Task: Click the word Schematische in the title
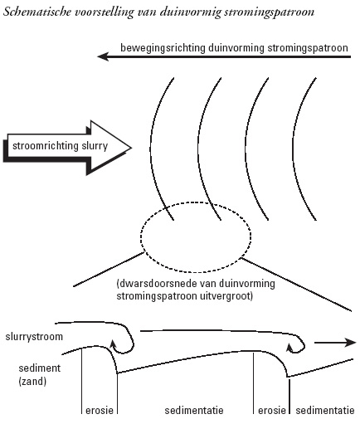(x=37, y=12)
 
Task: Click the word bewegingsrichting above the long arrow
(x=163, y=48)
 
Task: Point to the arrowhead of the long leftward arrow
(x=103, y=57)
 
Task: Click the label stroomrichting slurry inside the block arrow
(x=60, y=146)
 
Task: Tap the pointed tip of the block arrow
(x=131, y=148)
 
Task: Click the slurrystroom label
(x=34, y=337)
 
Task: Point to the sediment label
(x=40, y=368)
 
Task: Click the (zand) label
(x=32, y=382)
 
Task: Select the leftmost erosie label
(x=100, y=410)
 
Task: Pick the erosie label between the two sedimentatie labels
(x=272, y=410)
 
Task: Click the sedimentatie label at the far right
(x=325, y=411)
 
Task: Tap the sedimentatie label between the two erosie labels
(x=194, y=411)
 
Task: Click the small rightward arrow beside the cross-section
(x=335, y=343)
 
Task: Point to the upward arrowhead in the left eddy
(x=113, y=344)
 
